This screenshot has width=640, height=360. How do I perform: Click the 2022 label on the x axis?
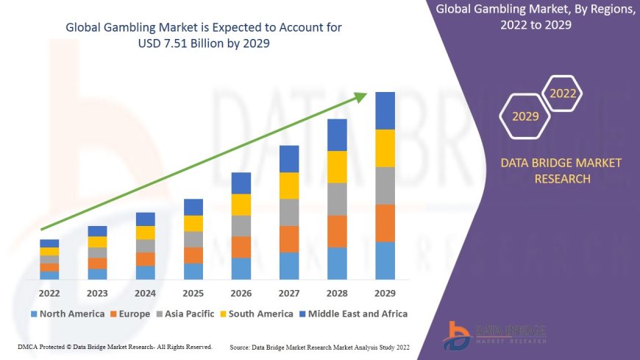click(49, 292)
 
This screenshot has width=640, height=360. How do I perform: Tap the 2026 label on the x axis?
click(241, 292)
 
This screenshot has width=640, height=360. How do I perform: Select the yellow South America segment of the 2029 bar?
click(385, 148)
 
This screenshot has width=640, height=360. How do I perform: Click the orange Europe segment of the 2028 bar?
click(337, 231)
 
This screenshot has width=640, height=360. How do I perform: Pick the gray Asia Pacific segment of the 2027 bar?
click(289, 212)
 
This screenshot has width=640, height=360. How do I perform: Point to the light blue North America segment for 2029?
click(385, 261)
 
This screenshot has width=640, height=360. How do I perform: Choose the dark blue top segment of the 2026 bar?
click(241, 183)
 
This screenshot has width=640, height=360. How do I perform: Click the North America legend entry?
click(67, 314)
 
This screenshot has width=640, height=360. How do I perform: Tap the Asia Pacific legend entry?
click(187, 314)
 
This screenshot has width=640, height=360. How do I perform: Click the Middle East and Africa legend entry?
click(354, 314)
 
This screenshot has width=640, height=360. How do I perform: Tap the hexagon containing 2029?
click(525, 116)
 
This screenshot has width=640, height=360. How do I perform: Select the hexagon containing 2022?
click(563, 93)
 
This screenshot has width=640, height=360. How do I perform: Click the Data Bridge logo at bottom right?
click(495, 336)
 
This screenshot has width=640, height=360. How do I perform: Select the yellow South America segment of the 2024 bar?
click(146, 233)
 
